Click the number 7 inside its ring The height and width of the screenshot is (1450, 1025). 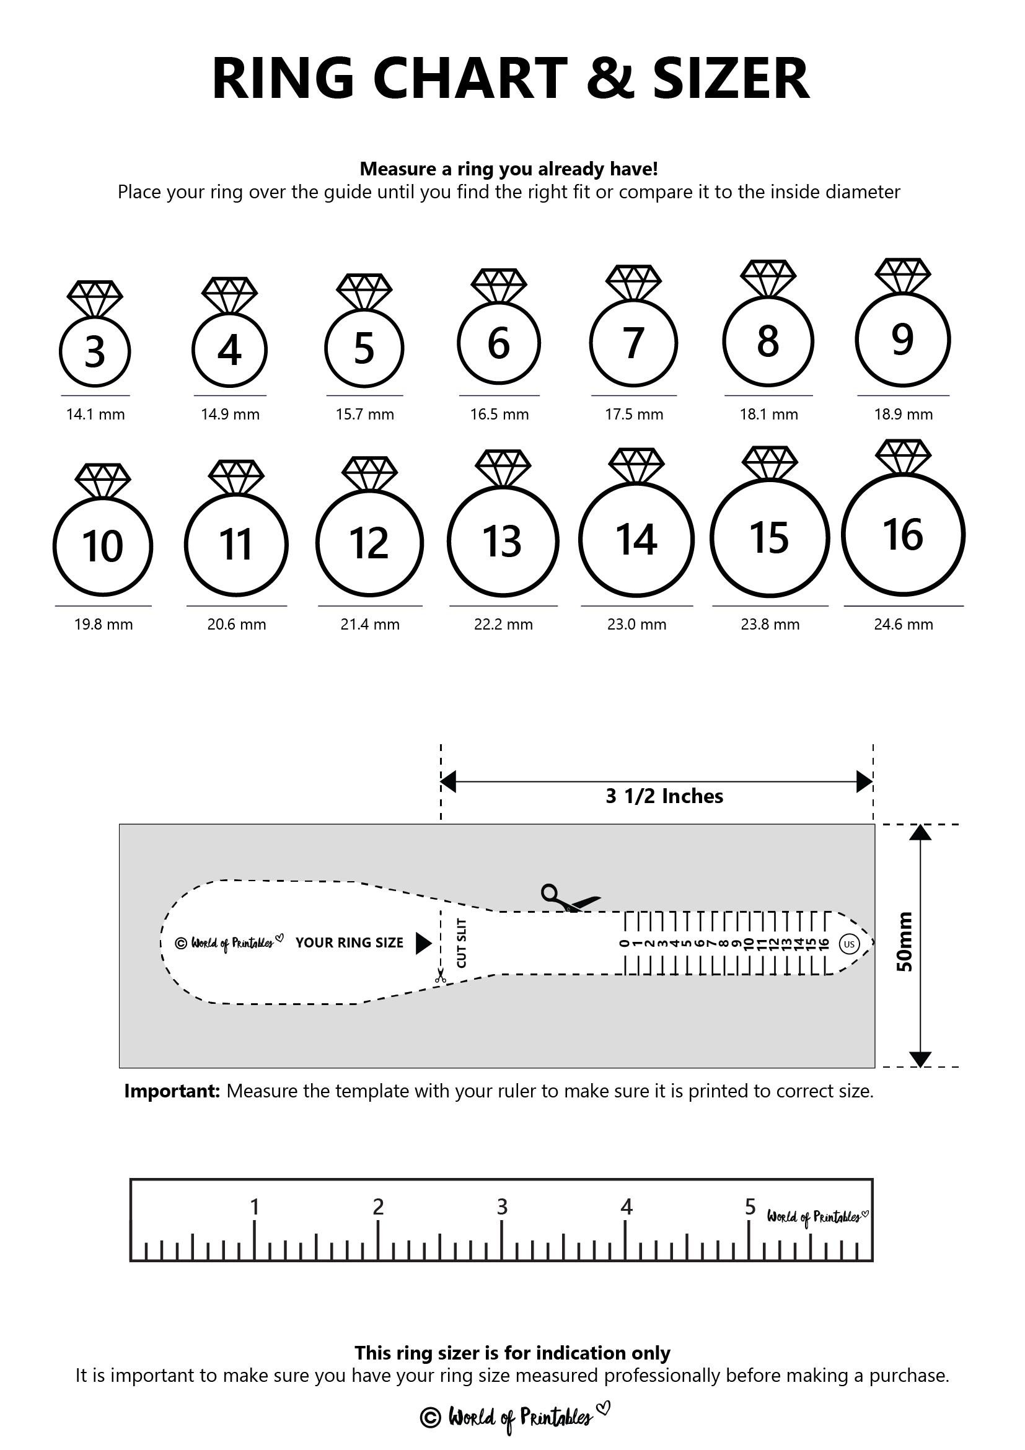tap(633, 343)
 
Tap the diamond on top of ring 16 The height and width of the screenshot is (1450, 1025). tap(903, 455)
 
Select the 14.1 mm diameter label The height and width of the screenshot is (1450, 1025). tap(95, 415)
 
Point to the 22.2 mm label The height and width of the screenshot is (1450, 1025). tap(503, 624)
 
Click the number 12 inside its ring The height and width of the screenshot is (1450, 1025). tap(369, 542)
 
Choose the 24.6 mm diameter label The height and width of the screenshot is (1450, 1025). tap(903, 624)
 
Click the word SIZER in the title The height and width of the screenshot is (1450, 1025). tap(731, 79)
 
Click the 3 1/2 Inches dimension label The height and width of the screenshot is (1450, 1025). tap(664, 796)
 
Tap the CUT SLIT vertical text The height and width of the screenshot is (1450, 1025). tap(462, 942)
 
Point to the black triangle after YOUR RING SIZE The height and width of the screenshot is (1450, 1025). tap(423, 944)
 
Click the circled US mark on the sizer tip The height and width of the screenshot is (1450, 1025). tap(849, 944)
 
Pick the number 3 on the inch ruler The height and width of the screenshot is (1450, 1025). tap(502, 1207)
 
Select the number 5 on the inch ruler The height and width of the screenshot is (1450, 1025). tap(750, 1207)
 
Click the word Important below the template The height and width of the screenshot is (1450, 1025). tap(171, 1091)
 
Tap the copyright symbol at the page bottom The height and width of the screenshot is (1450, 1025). tap(430, 1417)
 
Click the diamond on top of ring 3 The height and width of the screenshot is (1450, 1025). tap(95, 297)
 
